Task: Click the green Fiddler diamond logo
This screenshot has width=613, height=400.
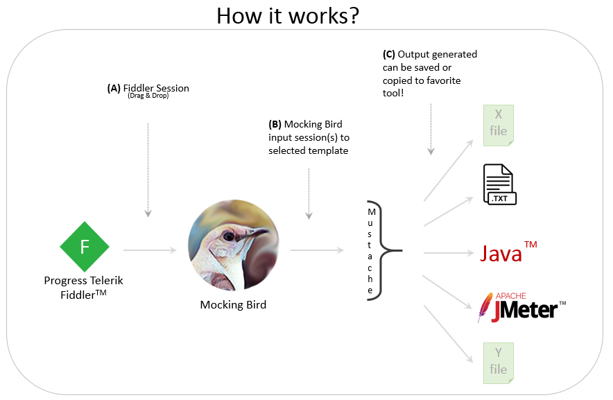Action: pos(85,246)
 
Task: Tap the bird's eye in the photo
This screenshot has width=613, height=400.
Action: pos(228,236)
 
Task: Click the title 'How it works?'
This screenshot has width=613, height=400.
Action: pos(288,15)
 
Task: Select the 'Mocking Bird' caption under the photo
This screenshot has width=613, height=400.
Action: pos(233,304)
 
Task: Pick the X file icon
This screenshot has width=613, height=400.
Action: pos(499,124)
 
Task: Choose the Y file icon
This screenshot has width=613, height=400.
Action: pos(499,363)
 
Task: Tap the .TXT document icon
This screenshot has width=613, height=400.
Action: pos(499,185)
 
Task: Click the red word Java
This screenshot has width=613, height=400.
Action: pos(501,253)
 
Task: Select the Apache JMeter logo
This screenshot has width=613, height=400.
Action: pos(521,307)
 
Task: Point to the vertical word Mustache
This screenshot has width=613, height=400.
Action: pos(372,250)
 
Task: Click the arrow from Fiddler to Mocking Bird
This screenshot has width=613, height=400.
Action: pos(150,250)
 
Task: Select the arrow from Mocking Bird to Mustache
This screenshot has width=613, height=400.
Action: pos(318,250)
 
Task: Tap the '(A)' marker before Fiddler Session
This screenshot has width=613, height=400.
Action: pos(114,88)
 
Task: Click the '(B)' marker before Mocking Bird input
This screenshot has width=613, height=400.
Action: pos(275,125)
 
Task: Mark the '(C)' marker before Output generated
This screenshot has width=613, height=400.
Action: pos(389,54)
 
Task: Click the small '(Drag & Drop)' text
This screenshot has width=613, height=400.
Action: pos(148,96)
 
